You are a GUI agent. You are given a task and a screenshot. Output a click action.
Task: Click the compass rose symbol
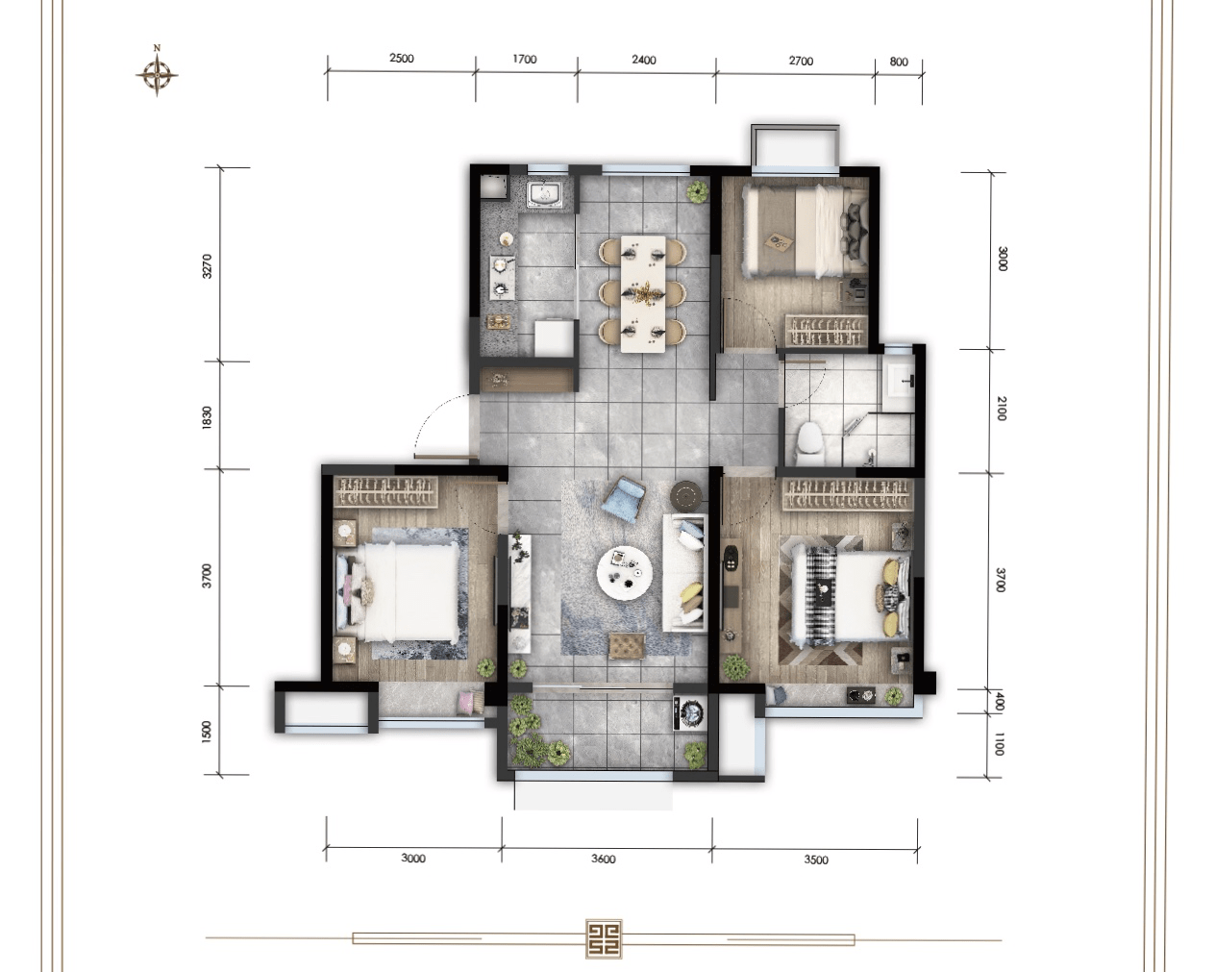click(x=157, y=73)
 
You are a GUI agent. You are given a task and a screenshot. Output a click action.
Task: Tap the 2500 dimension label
click(x=402, y=59)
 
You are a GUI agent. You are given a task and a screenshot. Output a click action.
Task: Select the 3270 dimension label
click(x=208, y=266)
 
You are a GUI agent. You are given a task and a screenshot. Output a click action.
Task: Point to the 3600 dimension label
click(x=603, y=860)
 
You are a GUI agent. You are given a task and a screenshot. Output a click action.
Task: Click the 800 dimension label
click(x=899, y=62)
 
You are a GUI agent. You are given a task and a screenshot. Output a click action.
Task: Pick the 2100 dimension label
click(x=1001, y=409)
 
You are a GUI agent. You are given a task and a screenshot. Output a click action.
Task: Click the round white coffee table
click(x=625, y=574)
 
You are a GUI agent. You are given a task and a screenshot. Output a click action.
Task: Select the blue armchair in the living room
click(x=623, y=497)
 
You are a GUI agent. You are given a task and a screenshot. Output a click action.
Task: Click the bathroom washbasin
click(x=900, y=379)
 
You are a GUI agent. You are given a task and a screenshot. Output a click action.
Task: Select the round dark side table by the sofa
click(x=686, y=496)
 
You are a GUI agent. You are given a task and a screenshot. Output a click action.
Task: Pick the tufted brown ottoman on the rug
click(x=627, y=645)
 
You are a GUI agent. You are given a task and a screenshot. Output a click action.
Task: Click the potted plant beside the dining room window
click(x=698, y=191)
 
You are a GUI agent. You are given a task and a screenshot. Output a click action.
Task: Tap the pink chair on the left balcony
click(x=470, y=702)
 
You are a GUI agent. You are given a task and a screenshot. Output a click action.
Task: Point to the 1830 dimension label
click(x=208, y=417)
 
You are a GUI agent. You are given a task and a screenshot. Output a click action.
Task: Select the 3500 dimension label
click(x=816, y=860)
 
